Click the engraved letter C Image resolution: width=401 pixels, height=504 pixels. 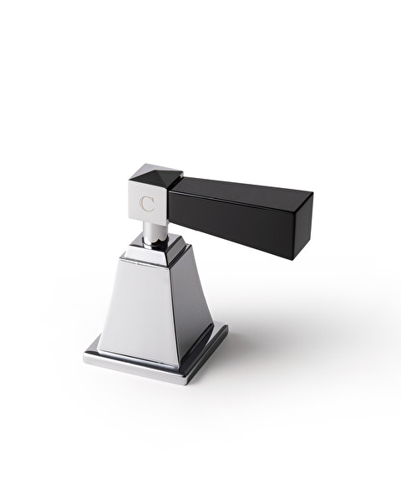(147, 203)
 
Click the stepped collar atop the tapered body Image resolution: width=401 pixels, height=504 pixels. (155, 251)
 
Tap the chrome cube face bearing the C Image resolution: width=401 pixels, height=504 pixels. (148, 206)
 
